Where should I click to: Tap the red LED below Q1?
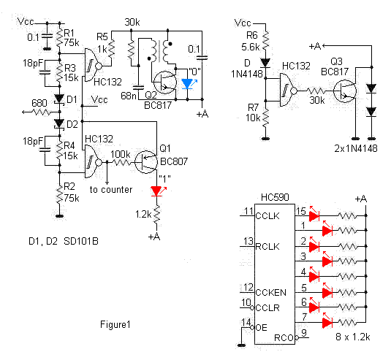[156, 191]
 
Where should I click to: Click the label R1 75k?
[71, 37]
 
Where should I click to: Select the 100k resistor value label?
[121, 155]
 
